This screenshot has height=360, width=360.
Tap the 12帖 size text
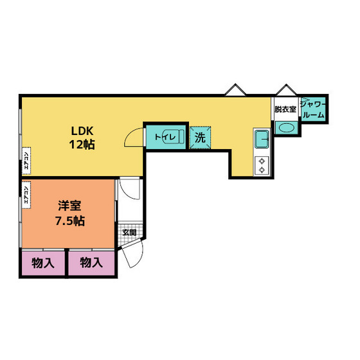[82, 145]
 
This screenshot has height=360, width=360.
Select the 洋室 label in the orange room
[68, 206]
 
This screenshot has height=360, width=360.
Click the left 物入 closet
[42, 262]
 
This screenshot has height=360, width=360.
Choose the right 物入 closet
[91, 262]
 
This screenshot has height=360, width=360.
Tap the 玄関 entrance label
[129, 233]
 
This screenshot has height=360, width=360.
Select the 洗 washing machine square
[200, 137]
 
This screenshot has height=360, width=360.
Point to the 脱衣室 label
[285, 109]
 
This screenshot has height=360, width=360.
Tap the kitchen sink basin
[262, 139]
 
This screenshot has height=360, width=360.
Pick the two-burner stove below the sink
[262, 166]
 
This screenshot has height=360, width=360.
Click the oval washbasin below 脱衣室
[285, 127]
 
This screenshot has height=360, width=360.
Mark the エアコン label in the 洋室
[26, 194]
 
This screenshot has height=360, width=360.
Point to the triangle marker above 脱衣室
[285, 91]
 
